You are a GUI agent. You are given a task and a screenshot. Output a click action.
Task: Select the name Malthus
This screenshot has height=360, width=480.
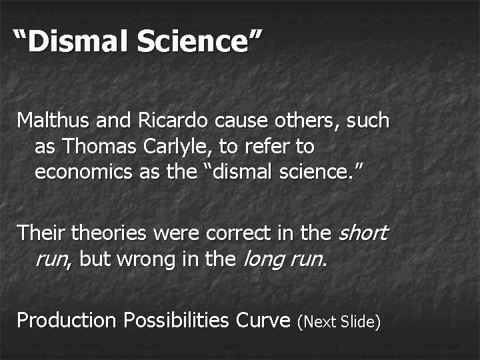pyautogui.click(x=54, y=121)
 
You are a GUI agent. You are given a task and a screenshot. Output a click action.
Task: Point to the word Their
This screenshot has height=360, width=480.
pyautogui.click(x=41, y=233)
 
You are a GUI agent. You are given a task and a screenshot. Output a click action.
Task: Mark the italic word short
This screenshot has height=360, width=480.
pyautogui.click(x=363, y=233)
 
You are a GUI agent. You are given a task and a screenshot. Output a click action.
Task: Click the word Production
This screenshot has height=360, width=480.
pyautogui.click(x=67, y=321)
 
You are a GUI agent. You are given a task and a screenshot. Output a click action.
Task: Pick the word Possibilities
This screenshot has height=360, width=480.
pyautogui.click(x=178, y=321)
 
